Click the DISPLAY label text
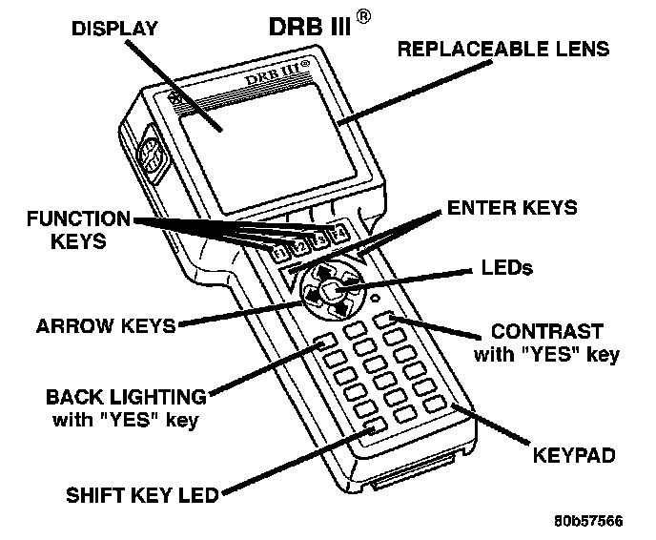(115, 30)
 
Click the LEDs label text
(508, 270)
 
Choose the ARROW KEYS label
(106, 325)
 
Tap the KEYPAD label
(574, 456)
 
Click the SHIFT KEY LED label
(142, 494)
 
